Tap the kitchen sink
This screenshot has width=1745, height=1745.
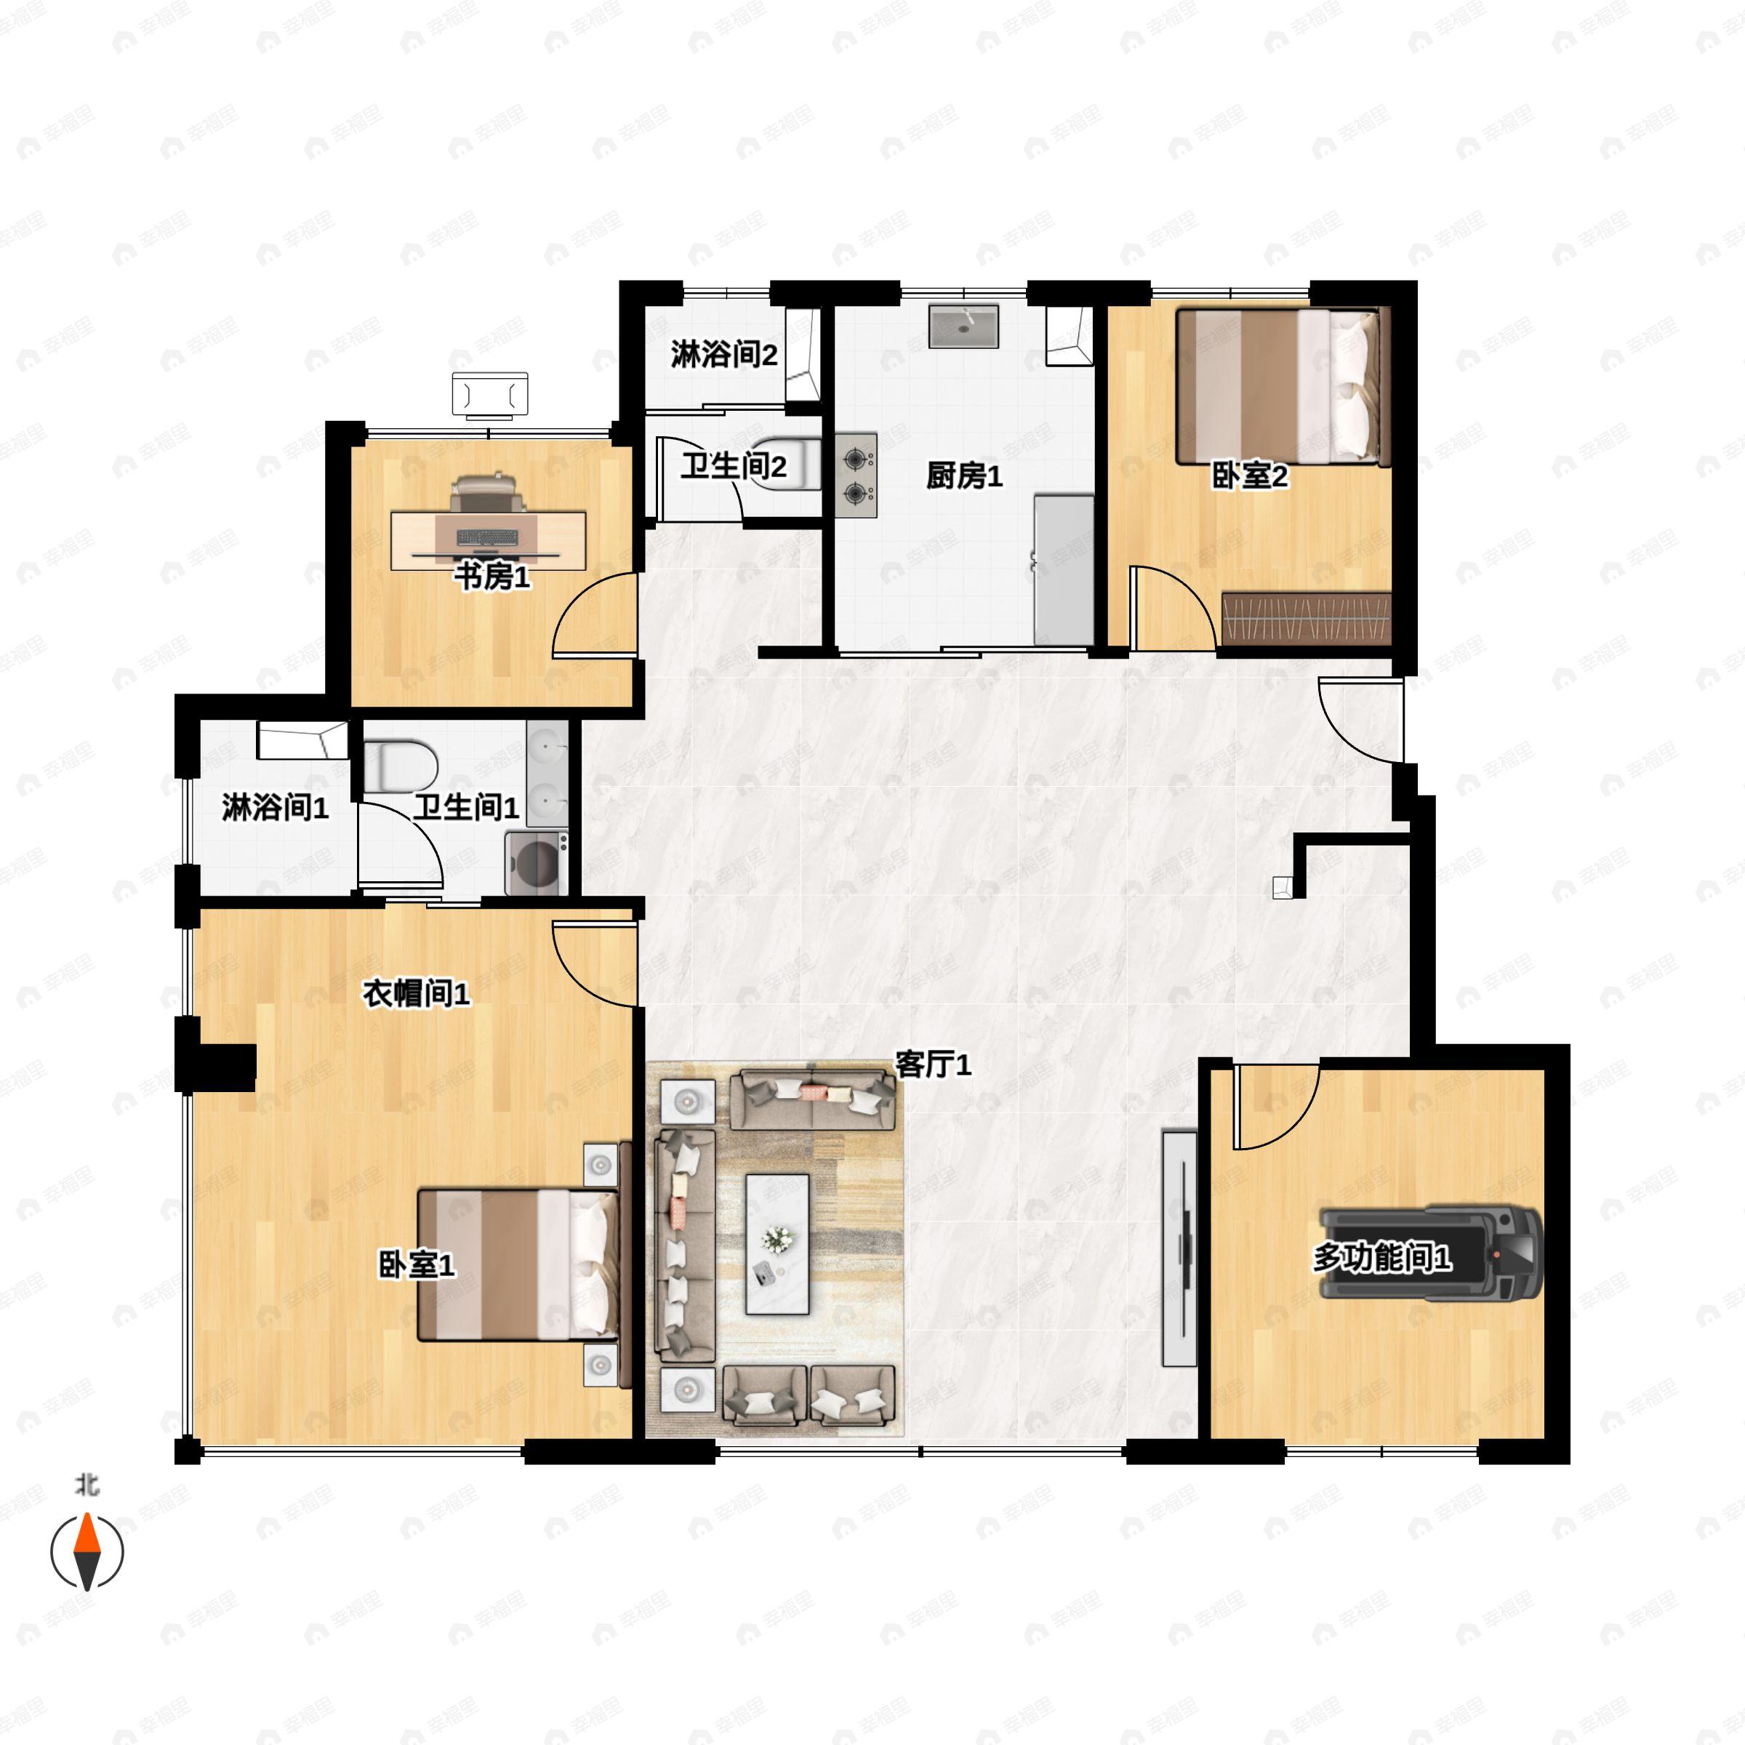(x=963, y=326)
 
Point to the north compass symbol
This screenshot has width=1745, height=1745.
(x=87, y=1552)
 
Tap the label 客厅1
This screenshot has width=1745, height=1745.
(x=933, y=1065)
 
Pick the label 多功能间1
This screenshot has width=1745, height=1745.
(x=1382, y=1257)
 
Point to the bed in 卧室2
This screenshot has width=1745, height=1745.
(x=1282, y=387)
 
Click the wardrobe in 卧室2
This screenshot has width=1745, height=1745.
(x=1305, y=619)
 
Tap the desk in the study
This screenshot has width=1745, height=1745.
(x=488, y=540)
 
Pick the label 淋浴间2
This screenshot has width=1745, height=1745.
(x=723, y=354)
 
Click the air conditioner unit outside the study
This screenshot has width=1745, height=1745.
(x=489, y=396)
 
